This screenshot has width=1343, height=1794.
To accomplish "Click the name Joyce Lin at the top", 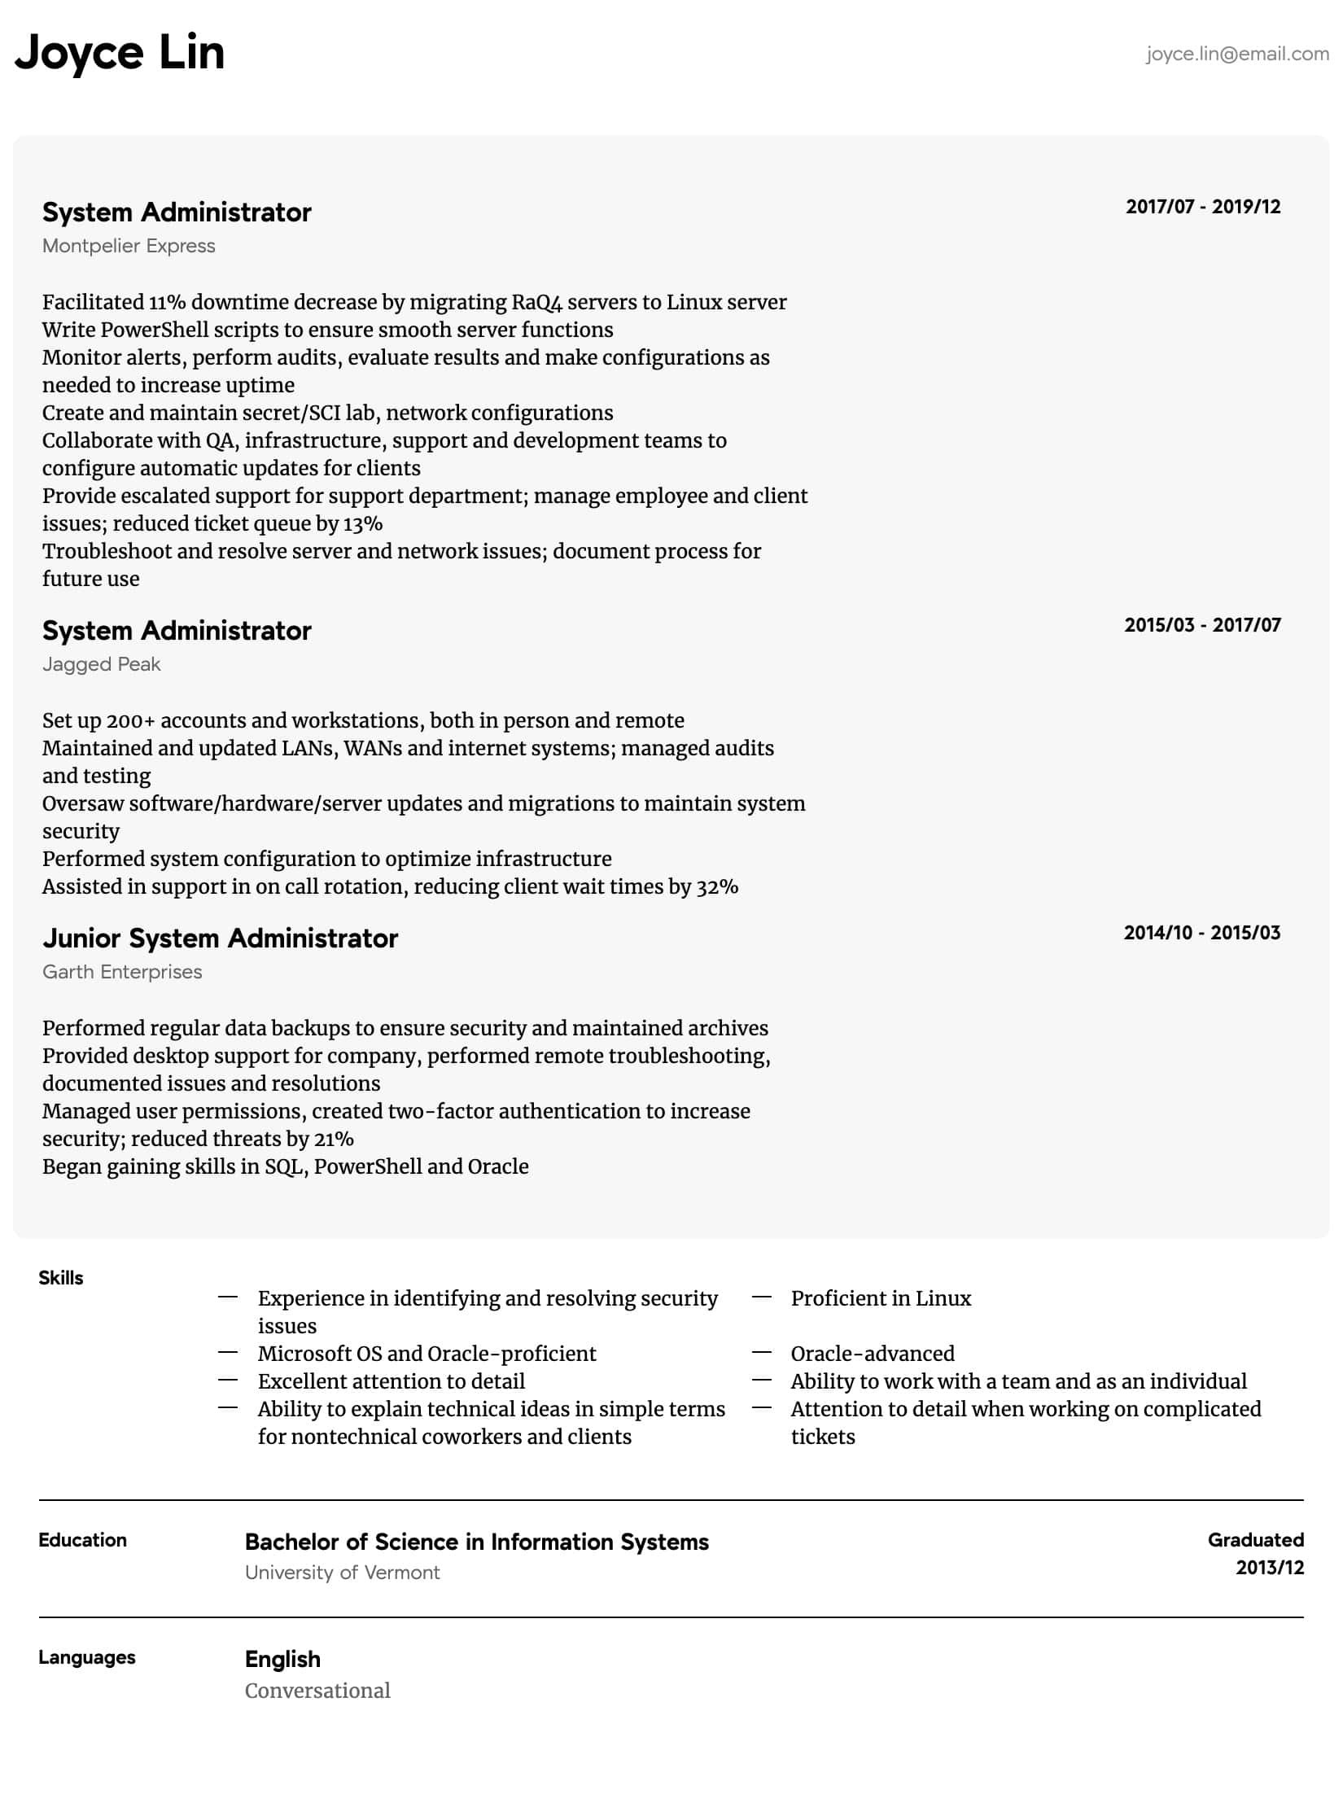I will (120, 53).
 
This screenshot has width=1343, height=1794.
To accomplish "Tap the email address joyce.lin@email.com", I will (1237, 54).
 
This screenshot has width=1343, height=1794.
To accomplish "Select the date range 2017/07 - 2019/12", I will (1202, 207).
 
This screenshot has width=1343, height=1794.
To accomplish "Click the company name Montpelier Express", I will (129, 246).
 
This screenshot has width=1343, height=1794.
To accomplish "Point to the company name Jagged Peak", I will (102, 664).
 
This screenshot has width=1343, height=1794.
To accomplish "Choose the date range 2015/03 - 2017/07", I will (1202, 625).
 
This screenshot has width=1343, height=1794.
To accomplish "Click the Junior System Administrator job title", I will (220, 939).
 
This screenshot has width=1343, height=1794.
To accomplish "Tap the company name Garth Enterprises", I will (122, 972).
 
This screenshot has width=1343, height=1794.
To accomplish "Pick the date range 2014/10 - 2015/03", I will (1201, 933).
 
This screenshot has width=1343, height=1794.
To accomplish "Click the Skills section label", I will (61, 1278).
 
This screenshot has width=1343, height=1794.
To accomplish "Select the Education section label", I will (82, 1540).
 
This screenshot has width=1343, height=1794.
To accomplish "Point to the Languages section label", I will (87, 1657).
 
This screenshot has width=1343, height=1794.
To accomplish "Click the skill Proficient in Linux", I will (881, 1298).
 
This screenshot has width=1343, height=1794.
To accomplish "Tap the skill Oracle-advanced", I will (873, 1354).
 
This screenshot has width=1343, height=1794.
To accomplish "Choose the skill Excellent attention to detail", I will (392, 1381).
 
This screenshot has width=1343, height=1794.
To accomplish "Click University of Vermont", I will (342, 1573).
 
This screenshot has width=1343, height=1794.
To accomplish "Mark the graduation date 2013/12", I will (1269, 1568).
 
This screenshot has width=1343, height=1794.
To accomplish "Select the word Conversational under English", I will (317, 1691).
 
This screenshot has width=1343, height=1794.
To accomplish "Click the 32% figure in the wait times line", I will (717, 886).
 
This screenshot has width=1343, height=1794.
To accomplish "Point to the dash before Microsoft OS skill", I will (228, 1353).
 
